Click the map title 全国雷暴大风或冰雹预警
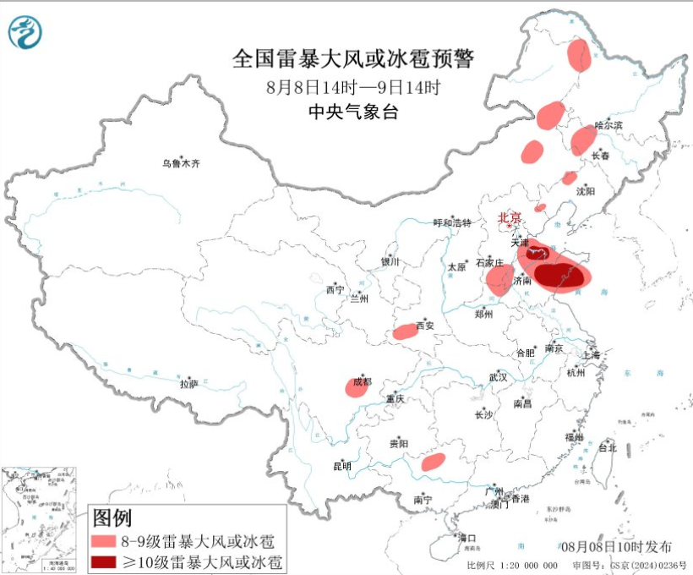(x=352, y=59)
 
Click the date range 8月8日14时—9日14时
(x=352, y=86)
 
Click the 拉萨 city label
(x=188, y=383)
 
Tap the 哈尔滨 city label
(x=608, y=125)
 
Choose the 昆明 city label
(x=341, y=466)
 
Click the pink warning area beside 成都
(x=356, y=387)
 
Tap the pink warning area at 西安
(x=406, y=331)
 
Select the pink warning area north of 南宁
(x=433, y=461)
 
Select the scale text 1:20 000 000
(x=523, y=565)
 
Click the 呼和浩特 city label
(x=452, y=222)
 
